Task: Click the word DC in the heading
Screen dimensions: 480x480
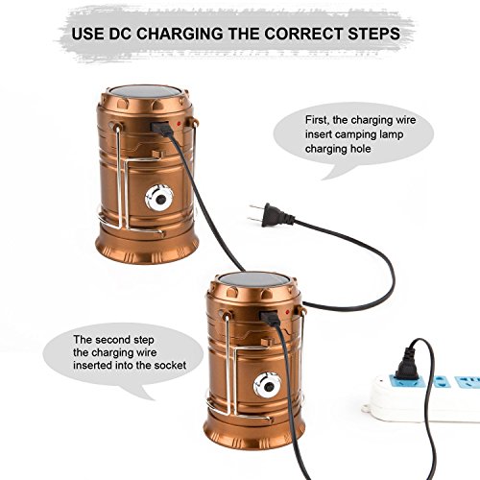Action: point(120,34)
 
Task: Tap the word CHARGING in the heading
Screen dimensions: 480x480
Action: point(180,34)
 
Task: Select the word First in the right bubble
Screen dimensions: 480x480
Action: point(316,120)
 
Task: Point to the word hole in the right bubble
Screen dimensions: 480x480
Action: point(360,149)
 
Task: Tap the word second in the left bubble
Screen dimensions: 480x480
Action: point(113,340)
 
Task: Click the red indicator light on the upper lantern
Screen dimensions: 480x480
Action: point(180,123)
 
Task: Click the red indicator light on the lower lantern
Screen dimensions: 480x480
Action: point(288,311)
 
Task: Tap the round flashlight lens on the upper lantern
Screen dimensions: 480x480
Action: point(159,198)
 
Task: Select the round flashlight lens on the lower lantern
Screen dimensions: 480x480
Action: point(268,385)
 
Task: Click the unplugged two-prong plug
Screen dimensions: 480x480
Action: point(272,215)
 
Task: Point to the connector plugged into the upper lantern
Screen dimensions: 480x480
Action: point(162,128)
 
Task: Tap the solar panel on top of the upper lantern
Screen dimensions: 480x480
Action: point(145,92)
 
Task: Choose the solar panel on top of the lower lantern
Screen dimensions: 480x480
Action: point(254,279)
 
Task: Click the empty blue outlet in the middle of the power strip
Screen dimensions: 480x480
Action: point(441,382)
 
